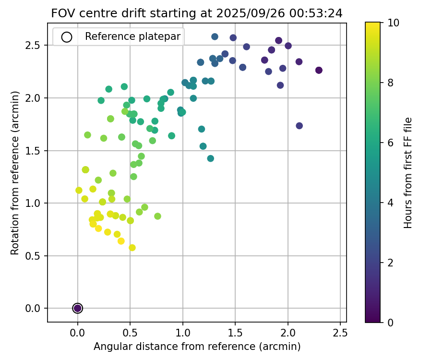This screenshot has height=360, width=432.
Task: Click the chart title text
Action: click(197, 13)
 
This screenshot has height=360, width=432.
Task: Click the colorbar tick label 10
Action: click(393, 23)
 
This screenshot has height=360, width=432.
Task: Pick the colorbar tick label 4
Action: click(390, 203)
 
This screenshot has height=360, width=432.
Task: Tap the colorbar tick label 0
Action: click(390, 323)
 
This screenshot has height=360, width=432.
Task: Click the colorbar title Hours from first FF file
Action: click(408, 173)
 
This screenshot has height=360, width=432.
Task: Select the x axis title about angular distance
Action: click(197, 347)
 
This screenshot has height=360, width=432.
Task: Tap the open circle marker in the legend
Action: click(67, 36)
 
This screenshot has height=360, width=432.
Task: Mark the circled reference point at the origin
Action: click(77, 308)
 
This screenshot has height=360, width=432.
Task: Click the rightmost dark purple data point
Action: click(319, 70)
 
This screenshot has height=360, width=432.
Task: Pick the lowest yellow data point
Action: click(132, 248)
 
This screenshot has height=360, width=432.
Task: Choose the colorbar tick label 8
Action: click(390, 83)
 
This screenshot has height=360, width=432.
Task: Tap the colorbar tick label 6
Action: click(390, 143)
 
